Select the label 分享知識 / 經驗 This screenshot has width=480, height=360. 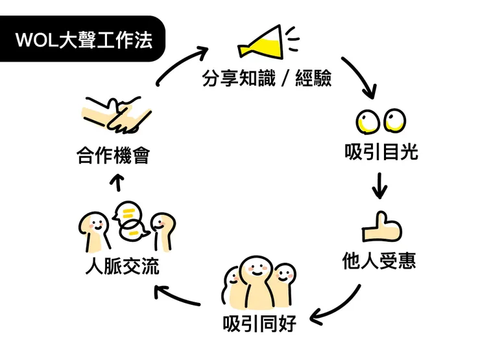pyautogui.click(x=267, y=80)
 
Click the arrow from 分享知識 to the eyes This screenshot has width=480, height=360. pyautogui.click(x=359, y=75)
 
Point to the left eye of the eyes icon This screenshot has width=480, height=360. pyautogui.click(x=368, y=121)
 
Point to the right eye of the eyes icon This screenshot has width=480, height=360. pyautogui.click(x=395, y=120)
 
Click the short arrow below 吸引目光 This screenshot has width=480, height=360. pyautogui.click(x=380, y=186)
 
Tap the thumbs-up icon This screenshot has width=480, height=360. pyautogui.click(x=381, y=228)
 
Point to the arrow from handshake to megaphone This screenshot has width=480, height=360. pyautogui.click(x=181, y=62)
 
